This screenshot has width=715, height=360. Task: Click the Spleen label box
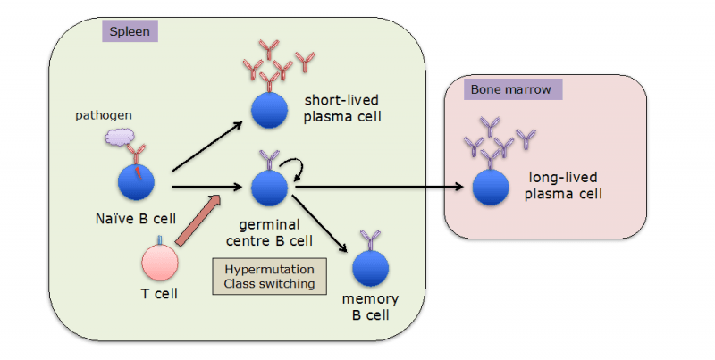[130, 31]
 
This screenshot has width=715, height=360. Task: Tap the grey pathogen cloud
[122, 135]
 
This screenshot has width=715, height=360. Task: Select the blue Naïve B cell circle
[137, 180]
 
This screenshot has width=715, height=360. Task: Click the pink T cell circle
[161, 264]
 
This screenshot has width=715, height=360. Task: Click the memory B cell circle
[370, 268]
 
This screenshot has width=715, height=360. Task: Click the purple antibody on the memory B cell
[369, 239]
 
